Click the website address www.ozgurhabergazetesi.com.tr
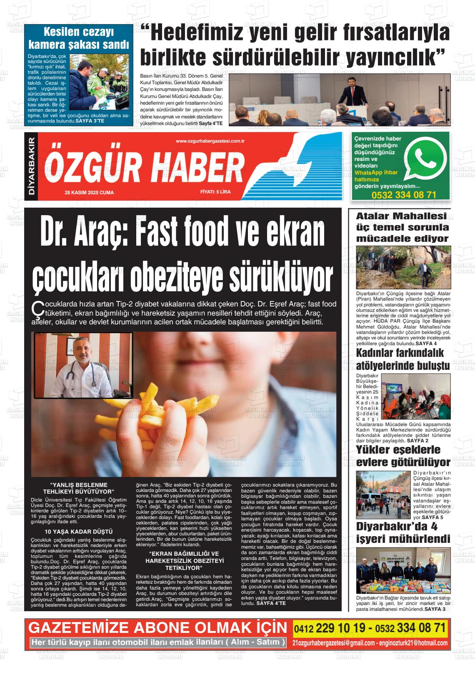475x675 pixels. pyautogui.click(x=210, y=141)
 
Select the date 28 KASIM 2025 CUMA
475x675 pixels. pyautogui.click(x=89, y=193)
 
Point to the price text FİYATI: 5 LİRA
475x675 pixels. pyautogui.click(x=215, y=192)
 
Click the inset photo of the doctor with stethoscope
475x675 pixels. pyautogui.click(x=83, y=365)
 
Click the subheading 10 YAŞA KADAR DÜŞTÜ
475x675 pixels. pyautogui.click(x=79, y=532)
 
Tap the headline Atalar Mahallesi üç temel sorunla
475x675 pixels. pyautogui.click(x=402, y=227)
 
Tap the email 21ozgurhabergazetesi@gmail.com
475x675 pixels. pyautogui.click(x=333, y=643)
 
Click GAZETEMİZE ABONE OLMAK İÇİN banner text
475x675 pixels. pyautogui.click(x=157, y=628)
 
